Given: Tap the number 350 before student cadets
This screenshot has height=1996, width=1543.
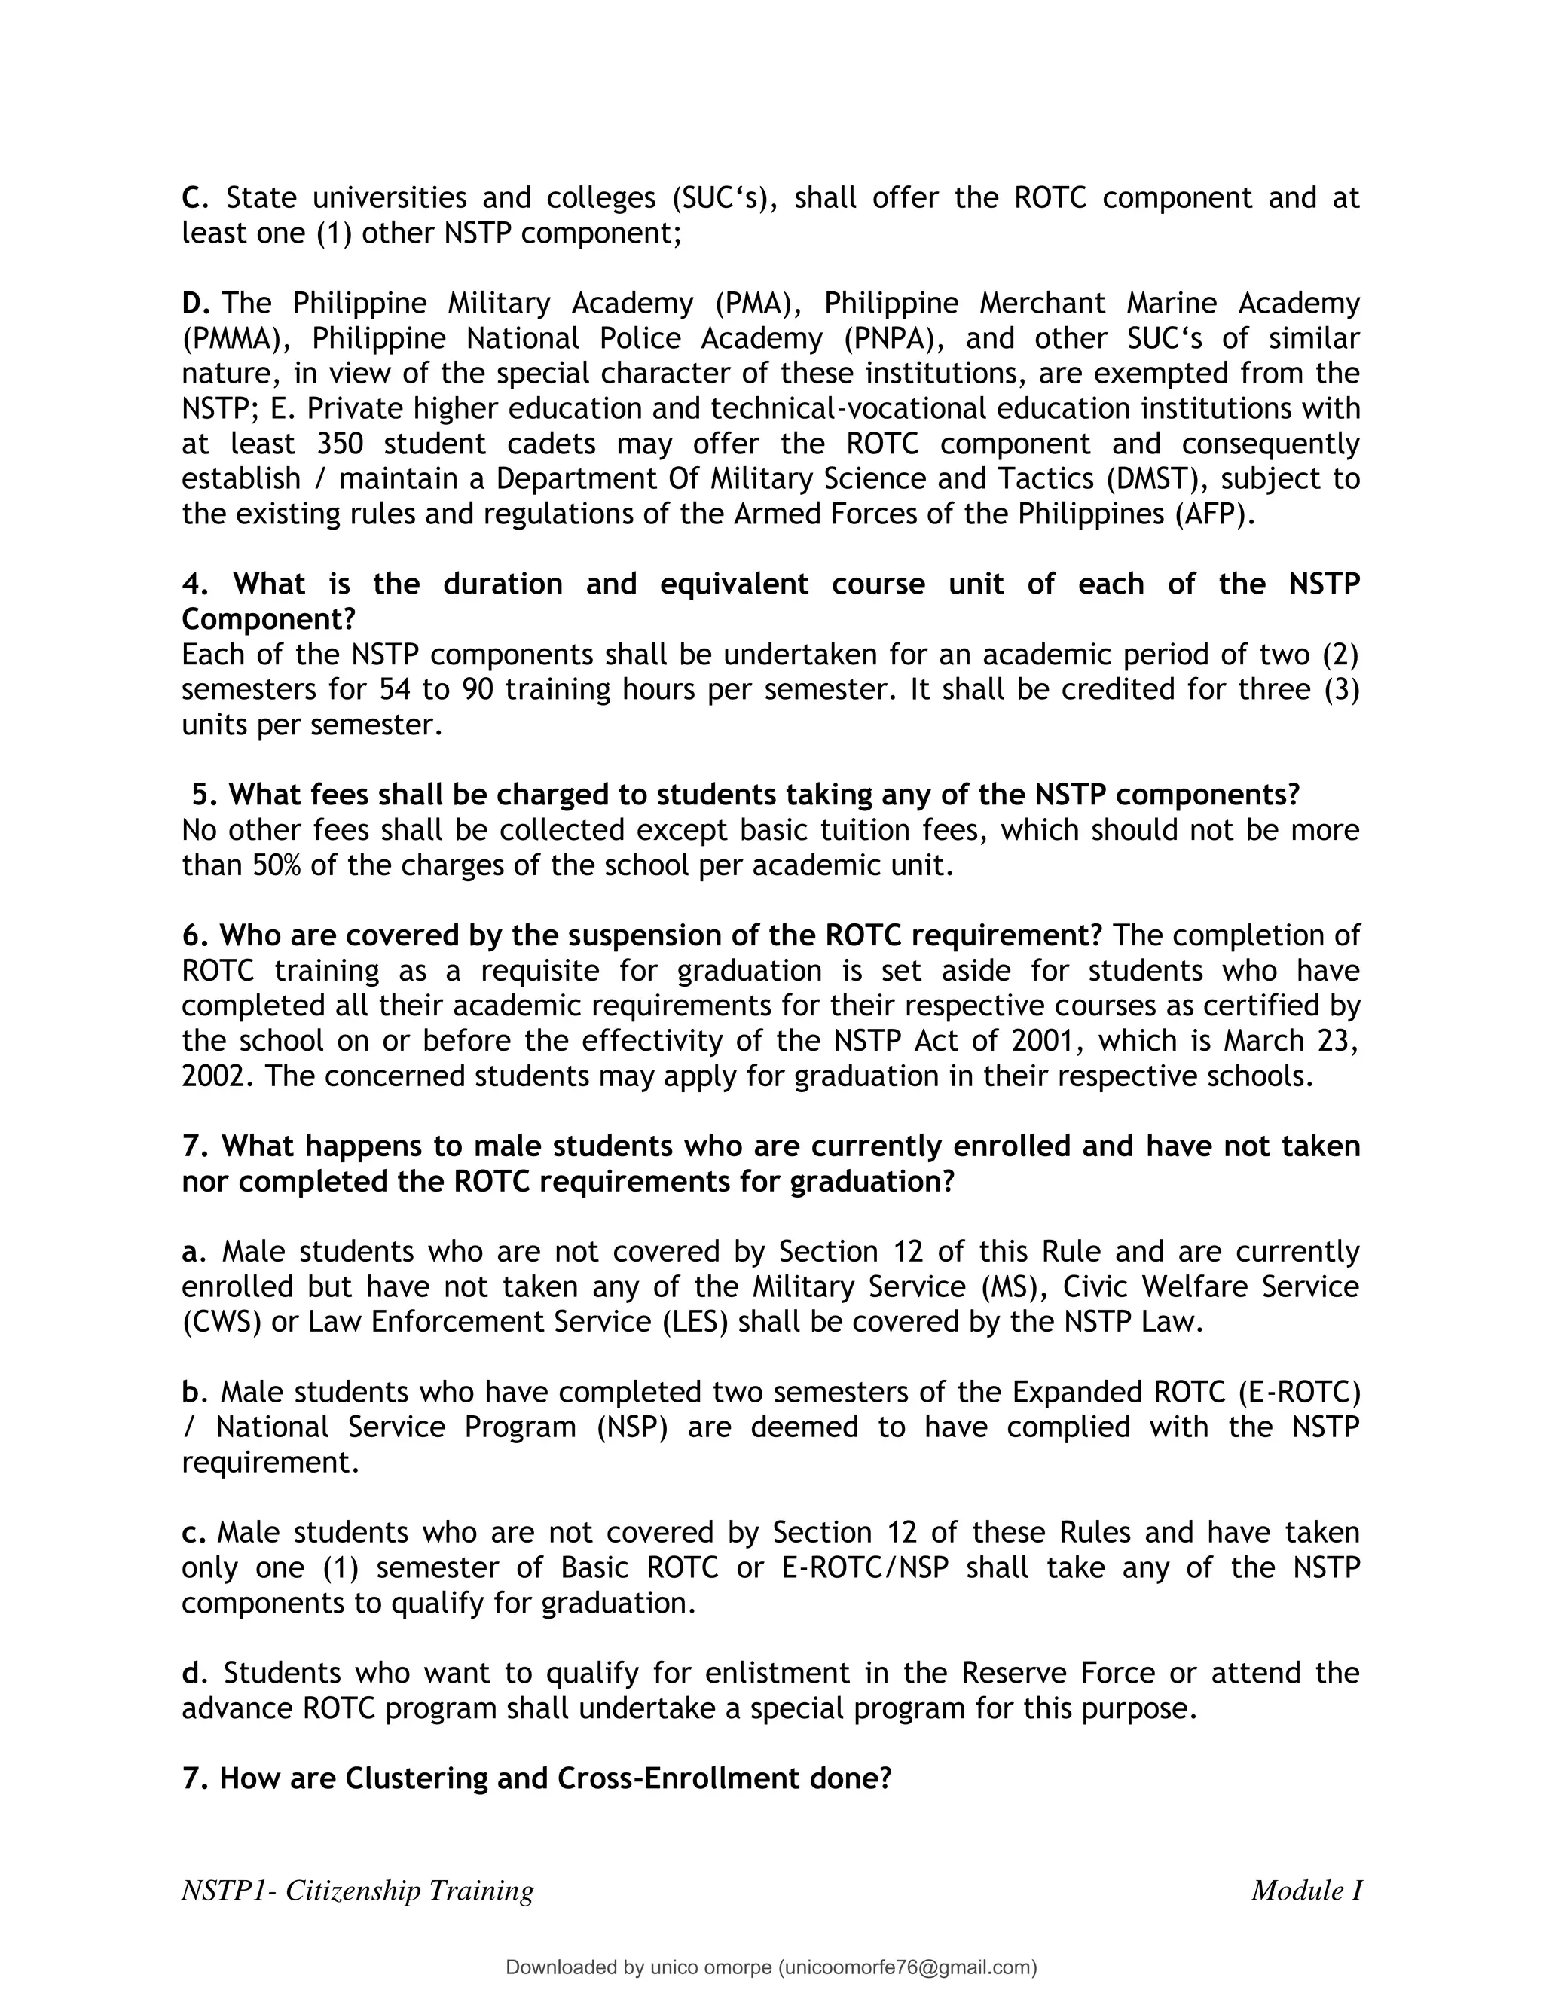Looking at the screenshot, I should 340,444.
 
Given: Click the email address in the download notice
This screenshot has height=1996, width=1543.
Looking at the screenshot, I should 908,1967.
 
